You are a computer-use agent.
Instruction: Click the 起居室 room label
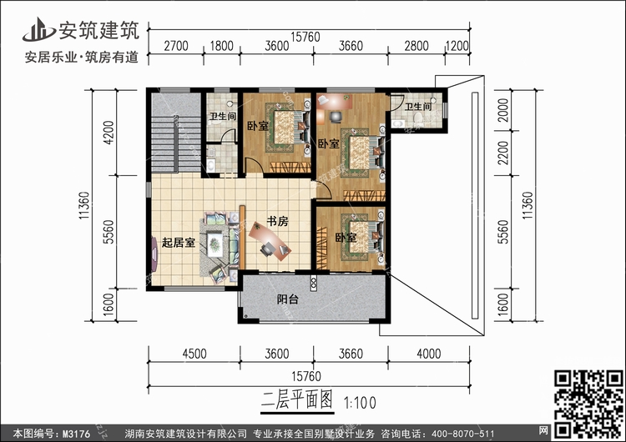click(x=179, y=244)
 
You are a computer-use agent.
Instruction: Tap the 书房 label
click(x=277, y=222)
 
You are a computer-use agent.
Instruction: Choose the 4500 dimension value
click(x=194, y=354)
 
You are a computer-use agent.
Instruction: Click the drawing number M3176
click(x=77, y=433)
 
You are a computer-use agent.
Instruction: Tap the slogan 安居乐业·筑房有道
click(x=71, y=57)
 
